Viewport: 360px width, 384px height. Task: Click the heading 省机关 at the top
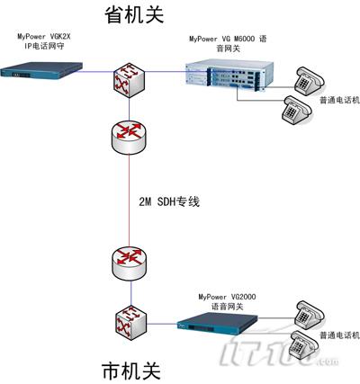134,15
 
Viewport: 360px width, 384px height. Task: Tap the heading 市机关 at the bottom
131,371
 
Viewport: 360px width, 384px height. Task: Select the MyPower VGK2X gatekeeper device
41,70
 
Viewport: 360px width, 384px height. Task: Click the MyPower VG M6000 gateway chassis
229,75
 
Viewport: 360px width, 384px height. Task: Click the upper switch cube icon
130,80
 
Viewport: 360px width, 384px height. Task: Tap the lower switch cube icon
131,323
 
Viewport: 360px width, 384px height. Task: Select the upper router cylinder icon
129,138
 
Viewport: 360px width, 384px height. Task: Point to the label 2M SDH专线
169,201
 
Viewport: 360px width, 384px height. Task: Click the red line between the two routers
130,201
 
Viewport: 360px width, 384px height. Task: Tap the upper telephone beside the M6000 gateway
310,81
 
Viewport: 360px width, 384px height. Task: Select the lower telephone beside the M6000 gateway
297,110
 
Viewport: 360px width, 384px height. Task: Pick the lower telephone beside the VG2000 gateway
304,344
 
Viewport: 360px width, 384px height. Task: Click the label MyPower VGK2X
44,37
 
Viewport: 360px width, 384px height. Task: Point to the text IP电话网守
44,47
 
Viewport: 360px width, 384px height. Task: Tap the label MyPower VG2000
227,297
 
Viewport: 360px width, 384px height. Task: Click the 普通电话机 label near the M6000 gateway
339,101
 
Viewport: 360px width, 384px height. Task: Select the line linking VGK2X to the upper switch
96,71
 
